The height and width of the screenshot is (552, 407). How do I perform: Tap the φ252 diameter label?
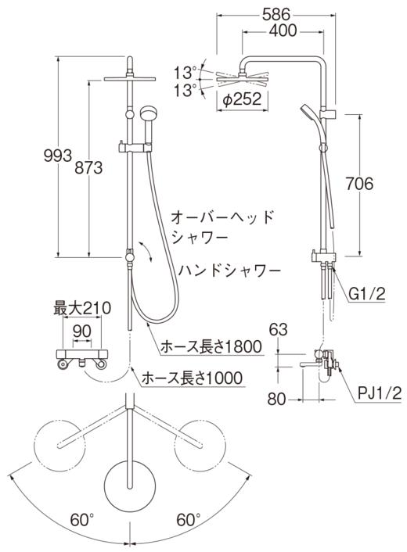(241, 99)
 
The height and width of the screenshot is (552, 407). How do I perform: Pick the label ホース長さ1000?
(191, 378)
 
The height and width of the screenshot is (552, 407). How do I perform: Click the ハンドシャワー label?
(229, 270)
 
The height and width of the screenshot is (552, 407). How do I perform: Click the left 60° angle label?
(81, 519)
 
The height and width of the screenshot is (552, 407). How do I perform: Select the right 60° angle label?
(187, 519)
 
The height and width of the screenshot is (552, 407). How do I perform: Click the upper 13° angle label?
(185, 71)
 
